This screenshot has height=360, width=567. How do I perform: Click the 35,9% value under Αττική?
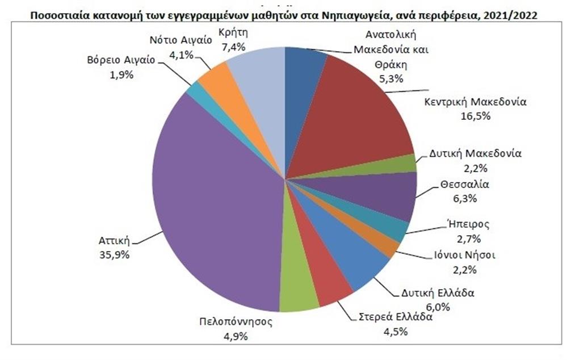[115, 254]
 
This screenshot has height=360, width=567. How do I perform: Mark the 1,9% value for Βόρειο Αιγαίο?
[121, 74]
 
